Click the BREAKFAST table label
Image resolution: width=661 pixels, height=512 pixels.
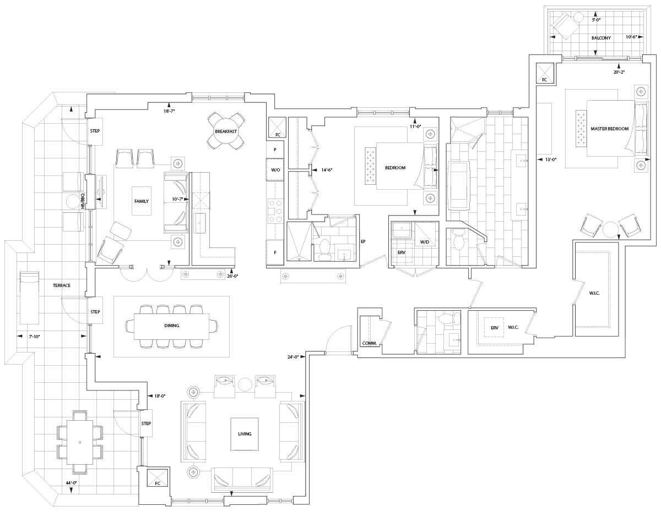coord(226,131)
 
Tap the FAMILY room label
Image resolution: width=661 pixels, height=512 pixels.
coord(142,201)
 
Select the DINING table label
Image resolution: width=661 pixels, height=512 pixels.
coord(171,326)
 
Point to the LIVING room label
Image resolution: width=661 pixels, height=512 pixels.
coord(245,434)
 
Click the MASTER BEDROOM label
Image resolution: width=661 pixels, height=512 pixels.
coord(610,129)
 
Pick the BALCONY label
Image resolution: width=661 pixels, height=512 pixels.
coord(601,38)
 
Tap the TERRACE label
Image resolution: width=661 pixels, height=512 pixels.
coord(62,285)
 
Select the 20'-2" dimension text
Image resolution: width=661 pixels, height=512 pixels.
coord(619,72)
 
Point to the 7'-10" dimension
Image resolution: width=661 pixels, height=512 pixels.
coord(34,337)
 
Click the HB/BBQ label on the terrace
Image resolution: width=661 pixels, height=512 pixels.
coord(83,201)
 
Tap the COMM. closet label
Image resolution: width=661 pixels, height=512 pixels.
coord(369,343)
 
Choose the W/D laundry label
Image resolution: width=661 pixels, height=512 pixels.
coord(425,242)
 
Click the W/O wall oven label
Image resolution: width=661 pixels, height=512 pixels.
coord(275,170)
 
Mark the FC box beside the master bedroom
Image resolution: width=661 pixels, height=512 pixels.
coord(544,73)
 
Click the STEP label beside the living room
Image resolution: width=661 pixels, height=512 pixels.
coord(146,423)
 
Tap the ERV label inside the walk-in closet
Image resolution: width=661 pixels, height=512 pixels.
coord(494,328)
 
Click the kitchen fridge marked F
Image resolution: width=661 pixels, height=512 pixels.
coord(275,252)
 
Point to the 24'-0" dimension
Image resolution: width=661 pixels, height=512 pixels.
coord(293,357)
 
